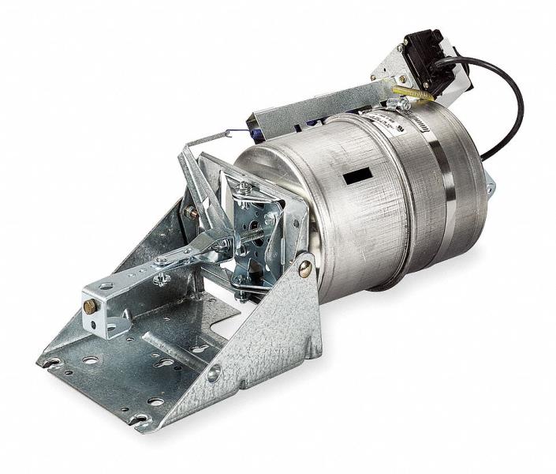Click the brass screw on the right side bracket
(305, 269)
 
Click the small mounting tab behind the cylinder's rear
(491, 188)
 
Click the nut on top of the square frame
(245, 187)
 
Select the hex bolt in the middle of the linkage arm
(162, 278)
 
